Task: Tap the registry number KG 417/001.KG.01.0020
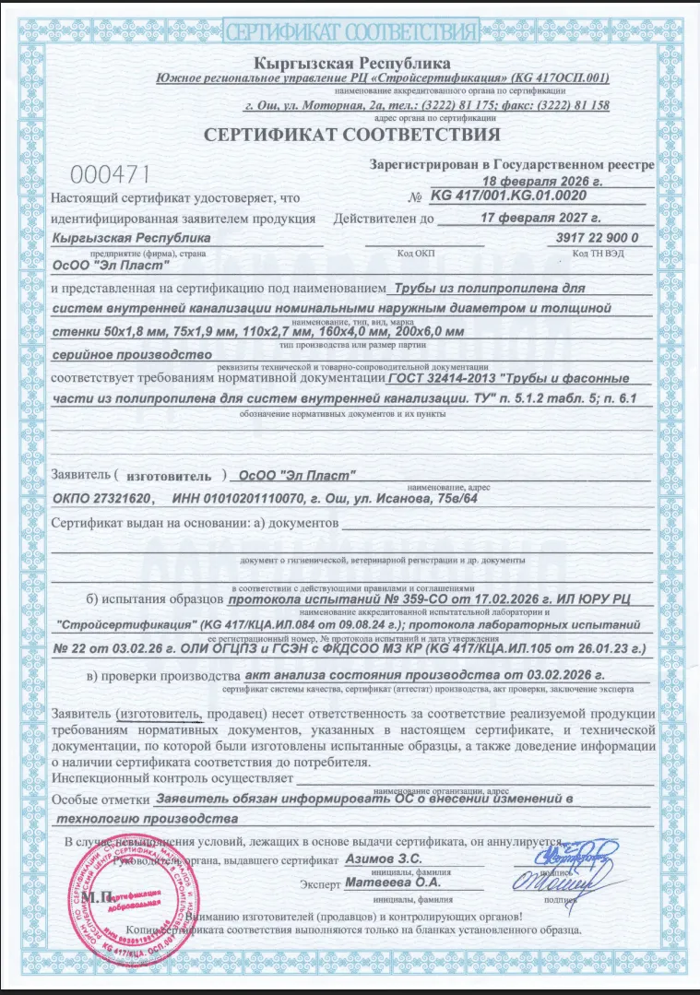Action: [x=507, y=196]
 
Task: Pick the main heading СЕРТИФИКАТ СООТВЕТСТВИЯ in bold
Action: [x=351, y=136]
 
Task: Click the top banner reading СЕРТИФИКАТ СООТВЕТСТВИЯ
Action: [x=351, y=32]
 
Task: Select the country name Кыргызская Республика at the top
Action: [x=353, y=64]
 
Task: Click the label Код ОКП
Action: [x=416, y=253]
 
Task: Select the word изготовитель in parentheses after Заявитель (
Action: [x=170, y=476]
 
